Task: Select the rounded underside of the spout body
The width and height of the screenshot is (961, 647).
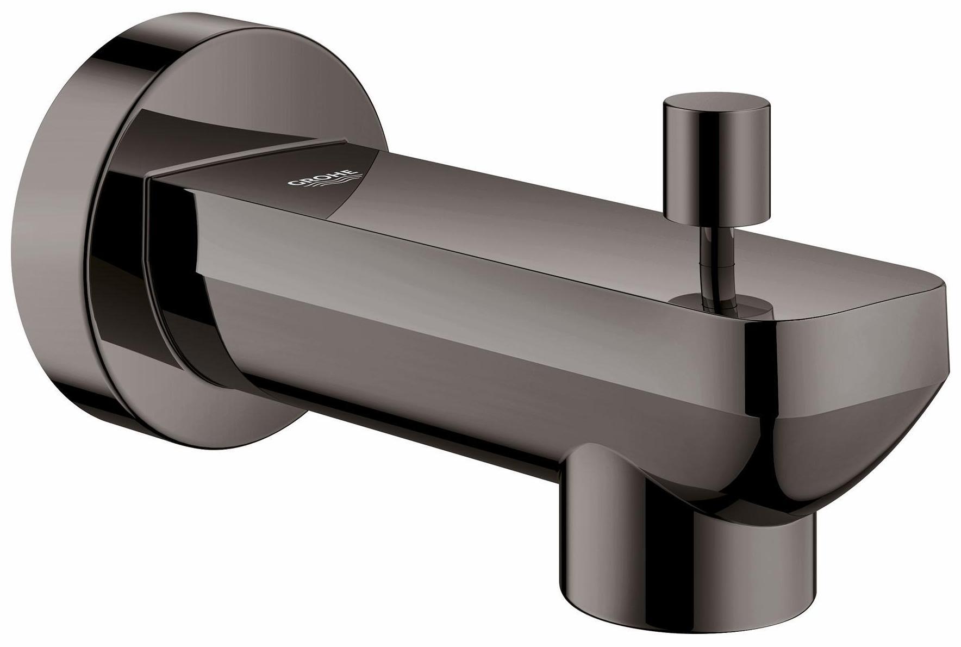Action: click(x=435, y=397)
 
